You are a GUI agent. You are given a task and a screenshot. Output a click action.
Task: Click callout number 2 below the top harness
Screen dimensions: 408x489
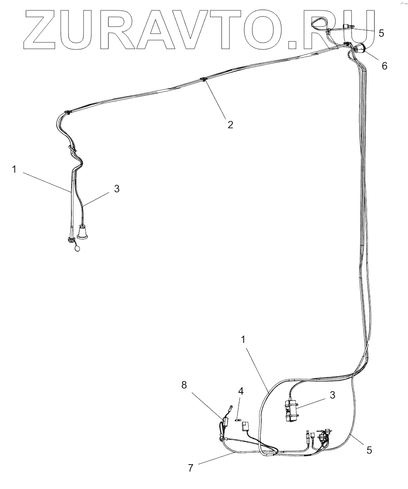click(x=230, y=125)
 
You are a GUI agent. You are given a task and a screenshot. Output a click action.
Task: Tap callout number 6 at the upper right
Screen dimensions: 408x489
click(x=384, y=66)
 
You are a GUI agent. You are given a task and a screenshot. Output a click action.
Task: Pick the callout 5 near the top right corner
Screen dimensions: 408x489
click(x=381, y=33)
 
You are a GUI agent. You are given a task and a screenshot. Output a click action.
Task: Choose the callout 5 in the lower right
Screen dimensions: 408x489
click(x=369, y=450)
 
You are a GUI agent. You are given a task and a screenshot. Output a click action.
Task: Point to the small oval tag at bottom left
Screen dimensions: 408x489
click(x=78, y=248)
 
